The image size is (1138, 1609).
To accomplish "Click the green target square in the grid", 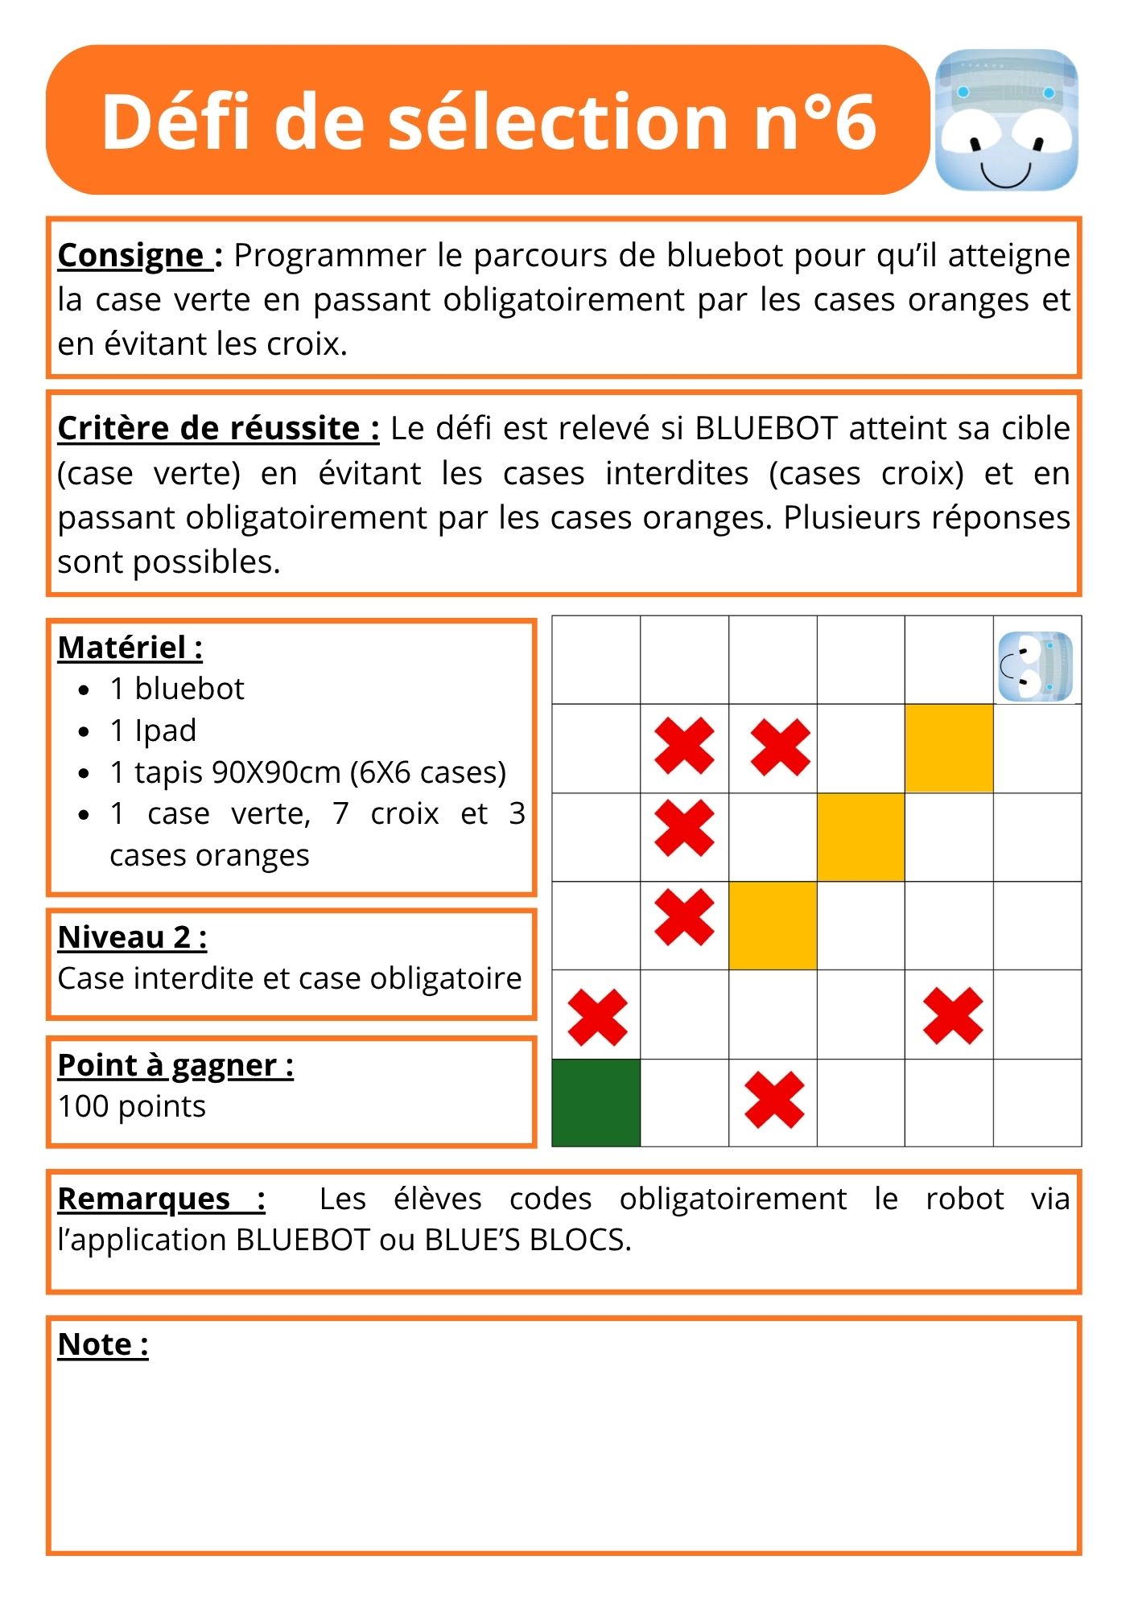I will click(596, 1102).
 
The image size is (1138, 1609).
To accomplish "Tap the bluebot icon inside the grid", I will click(1036, 666).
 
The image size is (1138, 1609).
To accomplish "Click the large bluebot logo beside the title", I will click(1006, 120).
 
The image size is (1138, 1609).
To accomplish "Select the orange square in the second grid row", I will click(949, 748).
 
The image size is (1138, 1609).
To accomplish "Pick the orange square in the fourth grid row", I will click(773, 925).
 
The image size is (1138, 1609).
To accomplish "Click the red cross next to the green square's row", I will click(774, 1099).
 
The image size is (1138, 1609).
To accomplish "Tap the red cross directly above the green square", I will click(597, 1017).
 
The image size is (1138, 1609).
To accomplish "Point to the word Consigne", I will click(130, 256).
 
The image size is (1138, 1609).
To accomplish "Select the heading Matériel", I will click(129, 648).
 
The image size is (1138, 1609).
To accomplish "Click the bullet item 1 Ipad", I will click(153, 730).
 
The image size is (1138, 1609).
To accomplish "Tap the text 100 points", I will click(132, 1107).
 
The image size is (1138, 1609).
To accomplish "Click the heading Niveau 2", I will click(132, 937).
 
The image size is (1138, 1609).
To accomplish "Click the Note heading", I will click(102, 1344).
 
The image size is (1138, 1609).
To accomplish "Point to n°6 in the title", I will click(814, 121).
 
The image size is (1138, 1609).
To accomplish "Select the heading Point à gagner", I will click(175, 1065).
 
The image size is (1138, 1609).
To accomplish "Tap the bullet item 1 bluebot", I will click(176, 689).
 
